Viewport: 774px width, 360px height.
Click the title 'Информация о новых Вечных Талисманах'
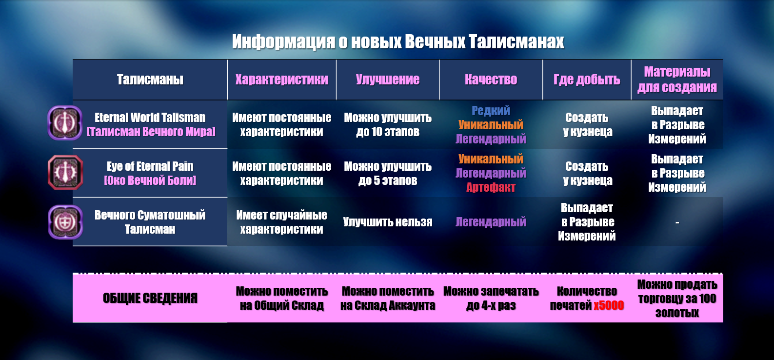[397, 42]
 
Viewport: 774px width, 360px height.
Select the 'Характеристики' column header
[281, 80]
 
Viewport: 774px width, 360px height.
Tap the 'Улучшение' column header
[388, 80]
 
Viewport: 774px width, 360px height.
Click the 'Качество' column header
[491, 80]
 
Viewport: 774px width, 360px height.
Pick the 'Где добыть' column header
[587, 80]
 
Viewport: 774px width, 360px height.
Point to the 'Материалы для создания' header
[677, 80]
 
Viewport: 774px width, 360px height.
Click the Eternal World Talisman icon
[65, 123]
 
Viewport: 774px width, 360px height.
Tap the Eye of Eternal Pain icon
[65, 172]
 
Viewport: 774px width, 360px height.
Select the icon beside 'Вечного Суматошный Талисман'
[65, 221]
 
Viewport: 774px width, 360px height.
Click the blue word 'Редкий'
[491, 111]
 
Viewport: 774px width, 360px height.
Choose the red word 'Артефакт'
[491, 187]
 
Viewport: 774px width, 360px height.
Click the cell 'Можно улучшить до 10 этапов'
[388, 124]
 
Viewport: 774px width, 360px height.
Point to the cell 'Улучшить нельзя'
[388, 222]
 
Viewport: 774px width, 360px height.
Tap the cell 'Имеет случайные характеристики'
[281, 222]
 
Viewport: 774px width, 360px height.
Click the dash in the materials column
[677, 222]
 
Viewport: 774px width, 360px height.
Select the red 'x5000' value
[609, 305]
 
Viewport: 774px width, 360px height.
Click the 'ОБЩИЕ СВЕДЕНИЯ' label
[150, 298]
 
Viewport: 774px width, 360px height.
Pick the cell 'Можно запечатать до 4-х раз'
[491, 298]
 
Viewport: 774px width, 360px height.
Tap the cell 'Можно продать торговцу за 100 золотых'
[677, 298]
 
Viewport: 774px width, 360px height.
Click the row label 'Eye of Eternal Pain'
[150, 166]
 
